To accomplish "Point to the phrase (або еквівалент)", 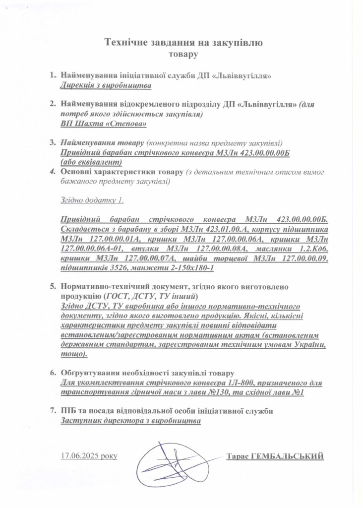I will (x=91, y=162).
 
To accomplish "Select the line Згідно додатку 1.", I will (x=92, y=200).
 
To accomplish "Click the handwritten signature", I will (x=171, y=461).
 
